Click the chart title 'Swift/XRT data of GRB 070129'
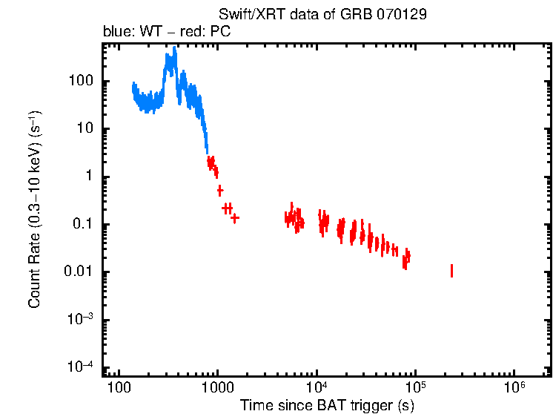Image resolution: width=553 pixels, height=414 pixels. click(x=322, y=15)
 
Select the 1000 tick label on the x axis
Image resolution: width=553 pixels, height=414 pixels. click(x=217, y=390)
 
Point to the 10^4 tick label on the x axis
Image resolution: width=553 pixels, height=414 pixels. click(x=317, y=388)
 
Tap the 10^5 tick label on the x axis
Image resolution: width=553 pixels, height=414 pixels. click(x=416, y=388)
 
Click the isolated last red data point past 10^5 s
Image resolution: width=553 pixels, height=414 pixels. click(x=451, y=270)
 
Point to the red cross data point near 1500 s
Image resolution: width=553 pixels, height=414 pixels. click(x=235, y=218)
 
